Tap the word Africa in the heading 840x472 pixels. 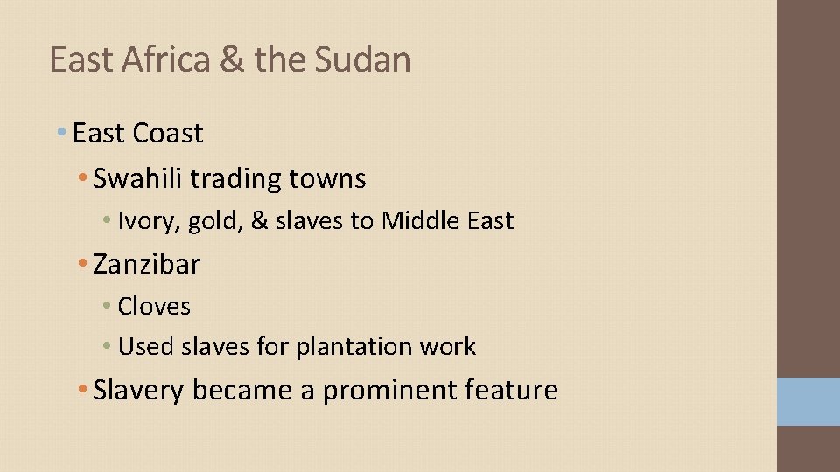156,59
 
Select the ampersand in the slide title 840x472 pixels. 231,59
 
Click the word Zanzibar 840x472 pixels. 146,263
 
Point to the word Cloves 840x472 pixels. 154,306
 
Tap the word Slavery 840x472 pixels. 138,390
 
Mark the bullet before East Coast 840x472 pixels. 60,133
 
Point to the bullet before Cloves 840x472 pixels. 106,306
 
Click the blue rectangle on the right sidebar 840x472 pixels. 808,401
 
